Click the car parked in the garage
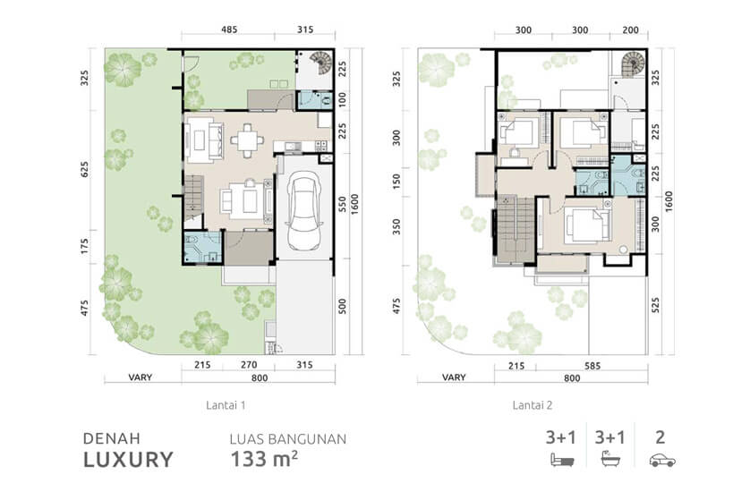coord(303,211)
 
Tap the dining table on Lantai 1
coord(247,140)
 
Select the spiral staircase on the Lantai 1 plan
coord(320,63)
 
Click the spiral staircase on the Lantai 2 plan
coord(633,64)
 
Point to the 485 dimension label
coord(229,30)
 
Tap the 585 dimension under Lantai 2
coord(592,366)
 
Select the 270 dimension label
coord(249,365)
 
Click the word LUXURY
coord(128,460)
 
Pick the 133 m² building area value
coord(264,459)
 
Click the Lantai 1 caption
coord(226,405)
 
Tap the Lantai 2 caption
coord(533,405)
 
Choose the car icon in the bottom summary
coord(662,461)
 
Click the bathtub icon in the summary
coord(610,459)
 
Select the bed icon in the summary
coord(562,461)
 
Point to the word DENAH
coord(112,438)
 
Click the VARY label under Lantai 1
coord(141,377)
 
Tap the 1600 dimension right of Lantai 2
coord(669,201)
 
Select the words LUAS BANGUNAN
coord(288,439)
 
